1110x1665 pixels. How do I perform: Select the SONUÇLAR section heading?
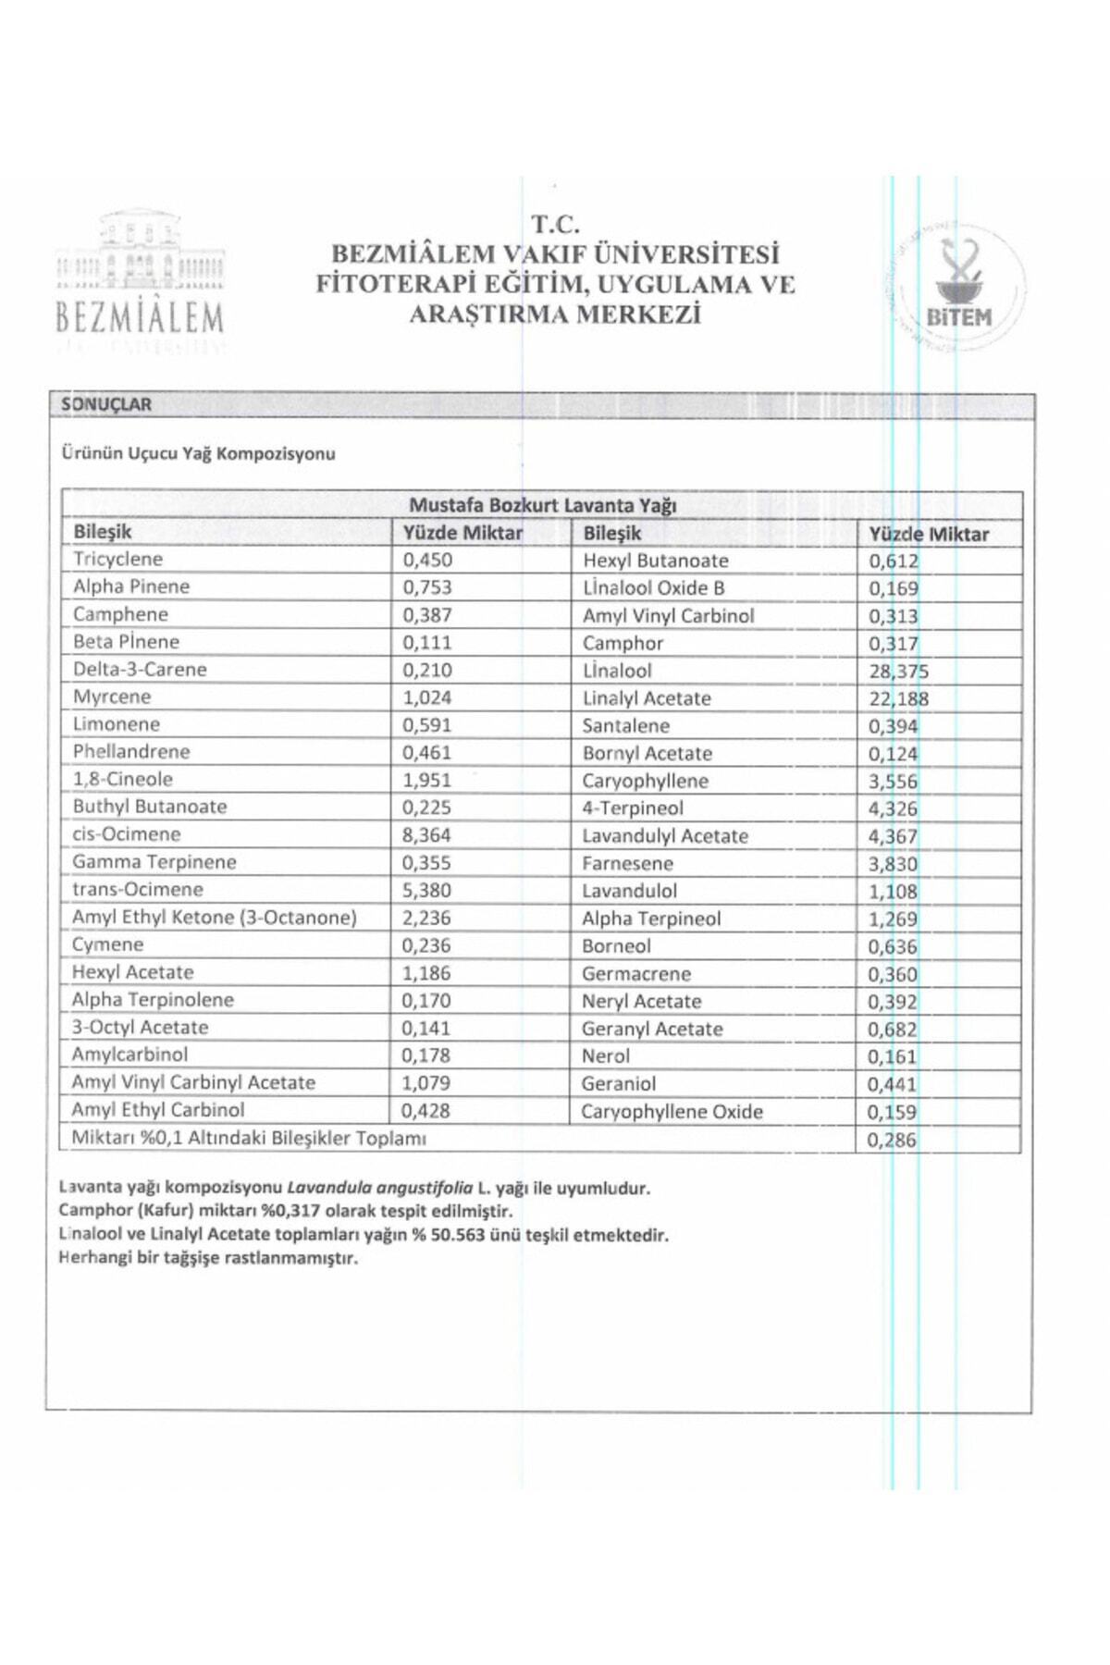click(x=106, y=404)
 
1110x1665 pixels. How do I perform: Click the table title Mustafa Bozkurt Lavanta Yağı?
click(x=542, y=505)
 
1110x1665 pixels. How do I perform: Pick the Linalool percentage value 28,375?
click(x=898, y=672)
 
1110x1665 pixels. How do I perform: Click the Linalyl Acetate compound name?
click(x=647, y=698)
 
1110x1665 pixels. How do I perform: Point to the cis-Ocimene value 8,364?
click(x=426, y=834)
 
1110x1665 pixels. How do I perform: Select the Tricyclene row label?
click(x=117, y=559)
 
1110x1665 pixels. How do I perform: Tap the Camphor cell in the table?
click(x=623, y=644)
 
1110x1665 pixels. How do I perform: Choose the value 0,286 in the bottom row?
click(x=891, y=1140)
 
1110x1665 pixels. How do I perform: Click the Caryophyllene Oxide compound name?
click(x=672, y=1112)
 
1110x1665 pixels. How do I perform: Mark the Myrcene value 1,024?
click(x=426, y=697)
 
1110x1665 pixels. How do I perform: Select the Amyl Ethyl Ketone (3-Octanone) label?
click(x=214, y=917)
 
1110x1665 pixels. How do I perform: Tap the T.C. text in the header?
click(x=555, y=224)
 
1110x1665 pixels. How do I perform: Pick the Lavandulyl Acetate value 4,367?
click(x=892, y=836)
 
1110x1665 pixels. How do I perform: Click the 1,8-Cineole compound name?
click(x=122, y=779)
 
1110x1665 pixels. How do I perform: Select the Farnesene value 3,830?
click(x=892, y=864)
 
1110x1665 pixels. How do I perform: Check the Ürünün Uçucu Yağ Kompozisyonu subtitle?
click(x=198, y=453)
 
